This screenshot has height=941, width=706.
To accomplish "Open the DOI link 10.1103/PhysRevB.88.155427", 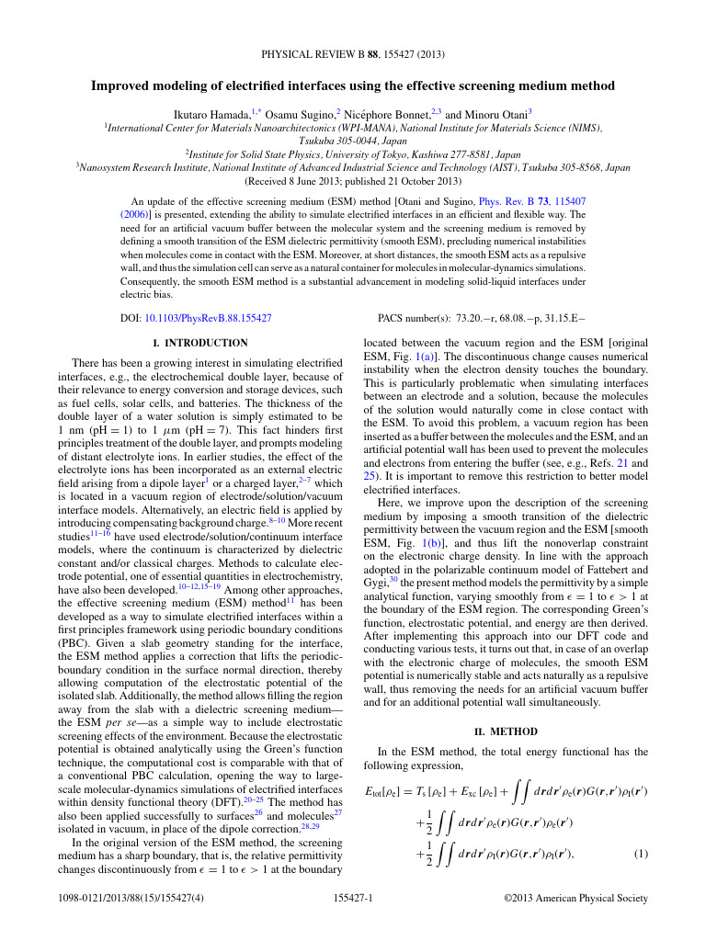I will pyautogui.click(x=208, y=317).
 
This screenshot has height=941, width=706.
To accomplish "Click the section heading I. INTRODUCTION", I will pyautogui.click(x=199, y=343).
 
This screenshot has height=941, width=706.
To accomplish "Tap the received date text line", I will pyautogui.click(x=352, y=181).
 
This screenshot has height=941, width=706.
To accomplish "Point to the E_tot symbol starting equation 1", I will pyautogui.click(x=382, y=791).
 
